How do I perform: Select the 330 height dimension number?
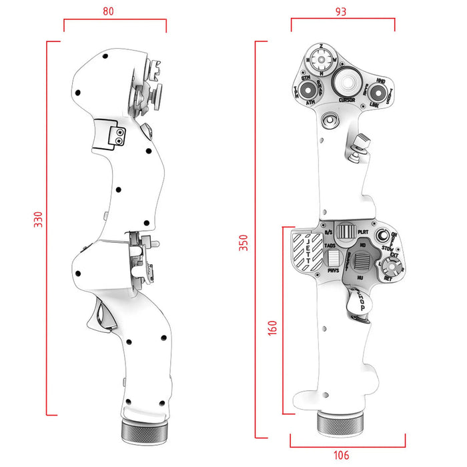[38, 220]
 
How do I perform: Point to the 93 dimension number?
[342, 11]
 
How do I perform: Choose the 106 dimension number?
[341, 455]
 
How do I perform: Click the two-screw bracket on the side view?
[109, 133]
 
